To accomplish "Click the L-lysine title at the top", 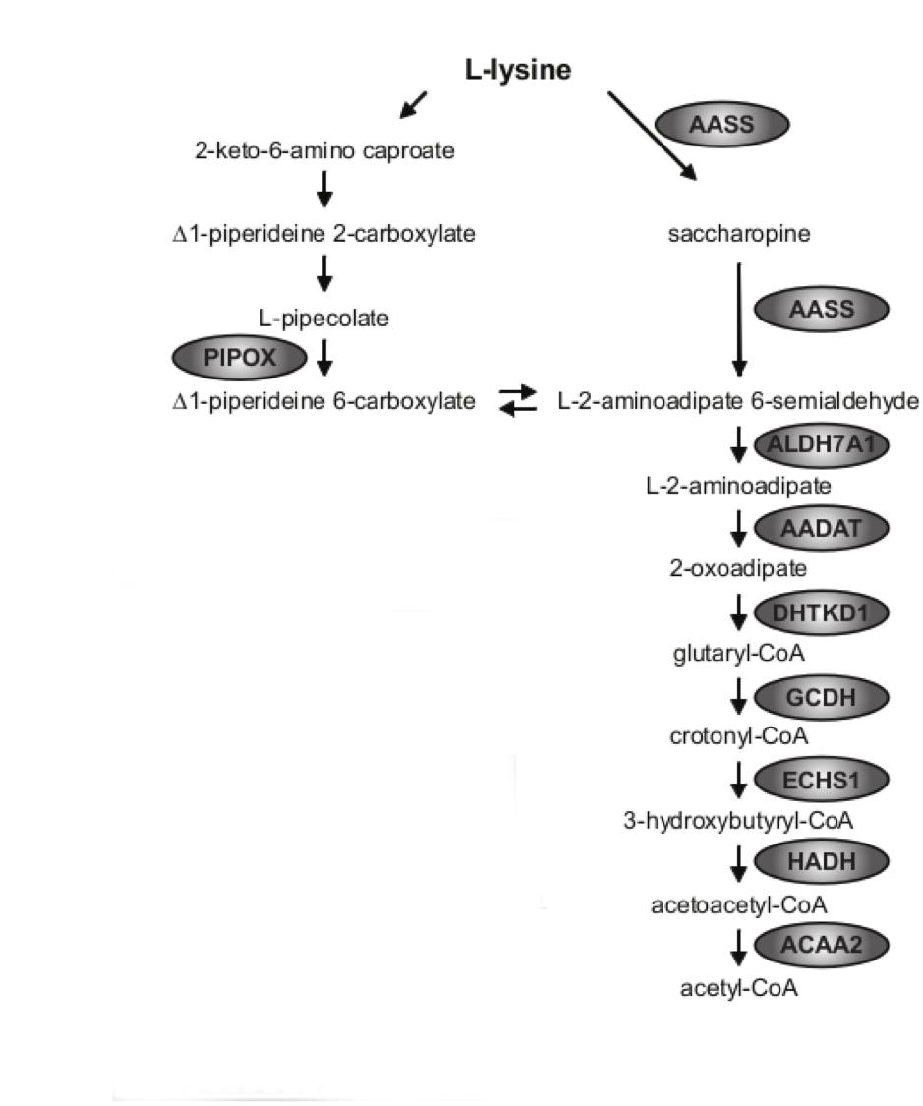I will pos(518,71).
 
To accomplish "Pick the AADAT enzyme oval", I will pos(821,529).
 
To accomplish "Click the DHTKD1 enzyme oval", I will pos(821,613).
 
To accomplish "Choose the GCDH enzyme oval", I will pos(821,697).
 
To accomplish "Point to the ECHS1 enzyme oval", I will pos(821,781).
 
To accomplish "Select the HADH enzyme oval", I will pos(821,862).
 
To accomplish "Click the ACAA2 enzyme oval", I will pos(821,946).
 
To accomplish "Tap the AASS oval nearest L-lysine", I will pos(722,124).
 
